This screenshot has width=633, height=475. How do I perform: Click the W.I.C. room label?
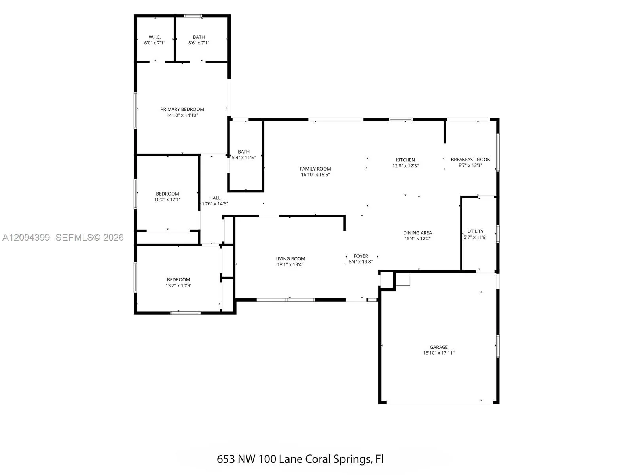coord(155,37)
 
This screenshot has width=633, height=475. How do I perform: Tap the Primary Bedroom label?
coord(182,109)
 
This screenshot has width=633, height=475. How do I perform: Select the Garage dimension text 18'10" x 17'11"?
coord(439,353)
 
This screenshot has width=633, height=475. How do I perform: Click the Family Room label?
coord(315,169)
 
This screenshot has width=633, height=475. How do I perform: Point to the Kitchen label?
coord(405,160)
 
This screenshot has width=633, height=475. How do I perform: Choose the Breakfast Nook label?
coord(470,160)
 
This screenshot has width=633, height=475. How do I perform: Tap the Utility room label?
coord(475,231)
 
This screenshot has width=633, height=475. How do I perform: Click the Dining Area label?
coord(417,233)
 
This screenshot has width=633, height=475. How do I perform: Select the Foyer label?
coord(361,256)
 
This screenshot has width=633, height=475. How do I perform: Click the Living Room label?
coord(290,259)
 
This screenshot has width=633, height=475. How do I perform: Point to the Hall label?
coord(215,198)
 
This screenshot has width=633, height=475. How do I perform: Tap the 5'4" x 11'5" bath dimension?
coord(244,158)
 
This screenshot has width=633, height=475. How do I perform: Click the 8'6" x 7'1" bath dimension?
coord(199,43)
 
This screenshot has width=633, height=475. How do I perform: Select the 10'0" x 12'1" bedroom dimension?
coord(167,199)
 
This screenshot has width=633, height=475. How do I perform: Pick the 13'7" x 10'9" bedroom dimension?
coord(178,285)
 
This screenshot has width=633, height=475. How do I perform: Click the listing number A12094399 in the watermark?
coord(26,237)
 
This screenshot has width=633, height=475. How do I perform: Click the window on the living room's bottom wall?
coord(286,300)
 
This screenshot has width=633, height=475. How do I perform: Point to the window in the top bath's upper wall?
coord(193,16)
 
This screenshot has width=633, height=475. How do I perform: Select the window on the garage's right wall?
coord(497,346)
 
